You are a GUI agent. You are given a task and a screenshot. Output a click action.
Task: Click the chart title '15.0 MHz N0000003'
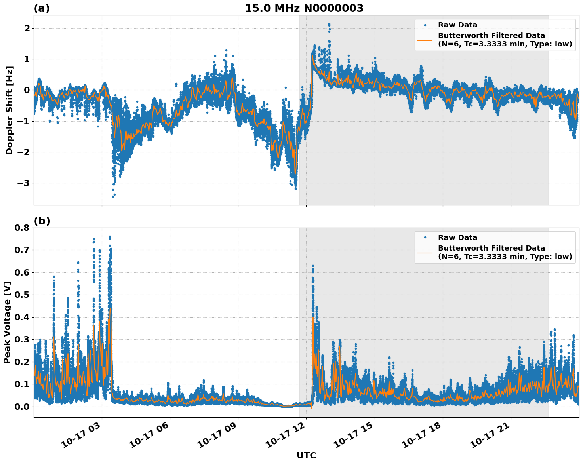point(304,8)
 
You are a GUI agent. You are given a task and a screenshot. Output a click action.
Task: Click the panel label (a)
point(42,8)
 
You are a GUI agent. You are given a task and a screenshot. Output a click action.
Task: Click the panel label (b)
point(42,221)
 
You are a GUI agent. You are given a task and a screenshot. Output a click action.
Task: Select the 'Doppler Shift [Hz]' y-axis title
point(10,110)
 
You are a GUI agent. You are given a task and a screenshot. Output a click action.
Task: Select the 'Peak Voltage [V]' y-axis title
point(7,322)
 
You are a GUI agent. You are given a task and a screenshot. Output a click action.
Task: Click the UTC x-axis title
point(306,455)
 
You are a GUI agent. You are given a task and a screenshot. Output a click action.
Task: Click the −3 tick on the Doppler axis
point(24,183)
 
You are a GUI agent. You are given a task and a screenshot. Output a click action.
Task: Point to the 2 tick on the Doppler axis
point(27,28)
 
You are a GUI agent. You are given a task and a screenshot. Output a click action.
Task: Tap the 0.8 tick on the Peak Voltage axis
point(22,228)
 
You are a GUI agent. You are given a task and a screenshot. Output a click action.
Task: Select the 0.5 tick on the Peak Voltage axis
point(22,295)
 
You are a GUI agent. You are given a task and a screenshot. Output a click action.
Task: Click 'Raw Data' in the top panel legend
point(457,25)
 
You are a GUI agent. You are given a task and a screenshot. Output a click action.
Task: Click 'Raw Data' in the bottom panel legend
point(457,238)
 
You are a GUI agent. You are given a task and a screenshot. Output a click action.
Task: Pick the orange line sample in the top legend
point(425,40)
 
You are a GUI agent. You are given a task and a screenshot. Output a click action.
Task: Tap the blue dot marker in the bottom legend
point(425,238)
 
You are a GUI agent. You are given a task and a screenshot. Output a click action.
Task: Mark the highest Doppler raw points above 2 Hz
point(329,25)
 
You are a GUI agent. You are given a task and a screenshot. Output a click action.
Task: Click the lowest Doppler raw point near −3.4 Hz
point(113,196)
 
